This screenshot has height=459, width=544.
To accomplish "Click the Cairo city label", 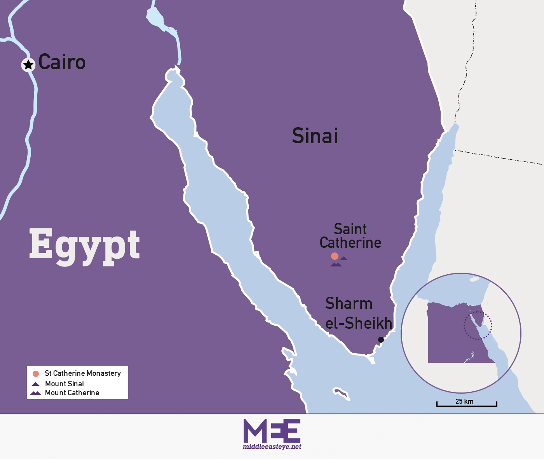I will click(62, 62).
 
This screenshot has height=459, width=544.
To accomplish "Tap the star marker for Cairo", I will click(28, 65).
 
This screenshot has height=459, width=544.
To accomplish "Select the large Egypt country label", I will click(84, 245).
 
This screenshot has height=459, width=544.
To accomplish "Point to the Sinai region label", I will click(315, 136).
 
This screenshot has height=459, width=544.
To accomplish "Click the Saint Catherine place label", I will click(350, 236).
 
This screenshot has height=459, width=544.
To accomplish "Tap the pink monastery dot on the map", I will click(335, 256).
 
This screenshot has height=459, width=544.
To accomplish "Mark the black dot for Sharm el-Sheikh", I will click(381, 340).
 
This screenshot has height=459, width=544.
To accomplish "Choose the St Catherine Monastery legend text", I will click(83, 373).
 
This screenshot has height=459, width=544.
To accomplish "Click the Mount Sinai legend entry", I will click(65, 384).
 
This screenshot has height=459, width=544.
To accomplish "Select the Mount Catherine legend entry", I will click(72, 393).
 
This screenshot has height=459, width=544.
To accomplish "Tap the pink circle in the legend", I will click(36, 374).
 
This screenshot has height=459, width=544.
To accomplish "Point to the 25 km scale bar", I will click(467, 405).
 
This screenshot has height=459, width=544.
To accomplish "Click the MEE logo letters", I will click(272, 431).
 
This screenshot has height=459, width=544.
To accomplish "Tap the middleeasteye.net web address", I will click(272, 447).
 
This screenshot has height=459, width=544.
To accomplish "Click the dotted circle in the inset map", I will click(478, 325).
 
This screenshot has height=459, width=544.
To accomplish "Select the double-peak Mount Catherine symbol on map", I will click(336, 265).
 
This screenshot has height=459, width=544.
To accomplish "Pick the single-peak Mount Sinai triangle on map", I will click(343, 258).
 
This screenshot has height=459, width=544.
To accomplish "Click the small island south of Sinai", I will click(342, 393).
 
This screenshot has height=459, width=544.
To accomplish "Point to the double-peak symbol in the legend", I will click(36, 393).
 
